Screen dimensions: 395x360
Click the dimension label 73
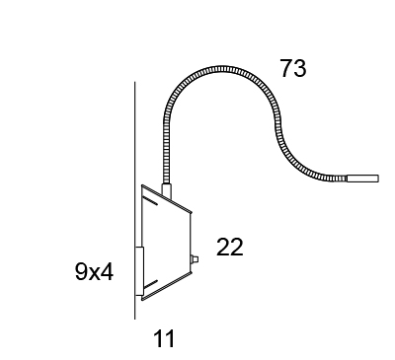293,68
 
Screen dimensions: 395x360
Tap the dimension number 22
230,247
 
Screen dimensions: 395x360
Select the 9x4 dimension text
94,272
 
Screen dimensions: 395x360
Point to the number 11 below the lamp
164,338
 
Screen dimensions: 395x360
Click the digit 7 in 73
286,68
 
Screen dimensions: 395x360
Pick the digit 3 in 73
300,68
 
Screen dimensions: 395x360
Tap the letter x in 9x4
95,274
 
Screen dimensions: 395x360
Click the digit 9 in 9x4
82,272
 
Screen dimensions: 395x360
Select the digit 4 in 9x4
107,272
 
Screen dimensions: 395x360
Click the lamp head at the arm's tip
362,179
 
